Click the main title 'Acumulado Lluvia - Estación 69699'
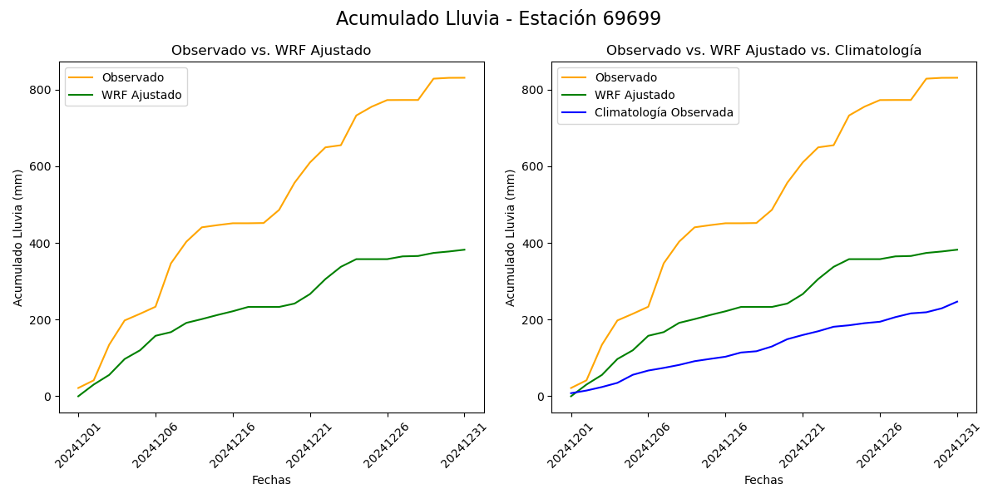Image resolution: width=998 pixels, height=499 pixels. (498, 19)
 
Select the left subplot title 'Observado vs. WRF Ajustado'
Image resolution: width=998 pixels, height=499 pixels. (271, 51)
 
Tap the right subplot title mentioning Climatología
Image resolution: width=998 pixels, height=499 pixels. (763, 51)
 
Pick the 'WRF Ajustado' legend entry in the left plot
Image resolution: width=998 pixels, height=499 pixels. (141, 95)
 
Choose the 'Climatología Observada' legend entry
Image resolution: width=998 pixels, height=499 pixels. (664, 113)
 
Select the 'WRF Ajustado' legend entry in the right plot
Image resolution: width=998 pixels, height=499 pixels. (634, 95)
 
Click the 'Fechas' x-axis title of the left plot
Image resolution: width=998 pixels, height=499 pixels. (271, 480)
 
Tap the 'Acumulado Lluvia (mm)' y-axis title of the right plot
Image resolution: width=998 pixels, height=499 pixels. (511, 237)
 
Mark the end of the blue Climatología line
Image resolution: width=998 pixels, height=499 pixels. (957, 301)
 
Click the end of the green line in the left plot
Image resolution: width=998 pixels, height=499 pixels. (465, 249)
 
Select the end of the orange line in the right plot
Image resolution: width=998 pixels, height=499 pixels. (957, 77)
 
